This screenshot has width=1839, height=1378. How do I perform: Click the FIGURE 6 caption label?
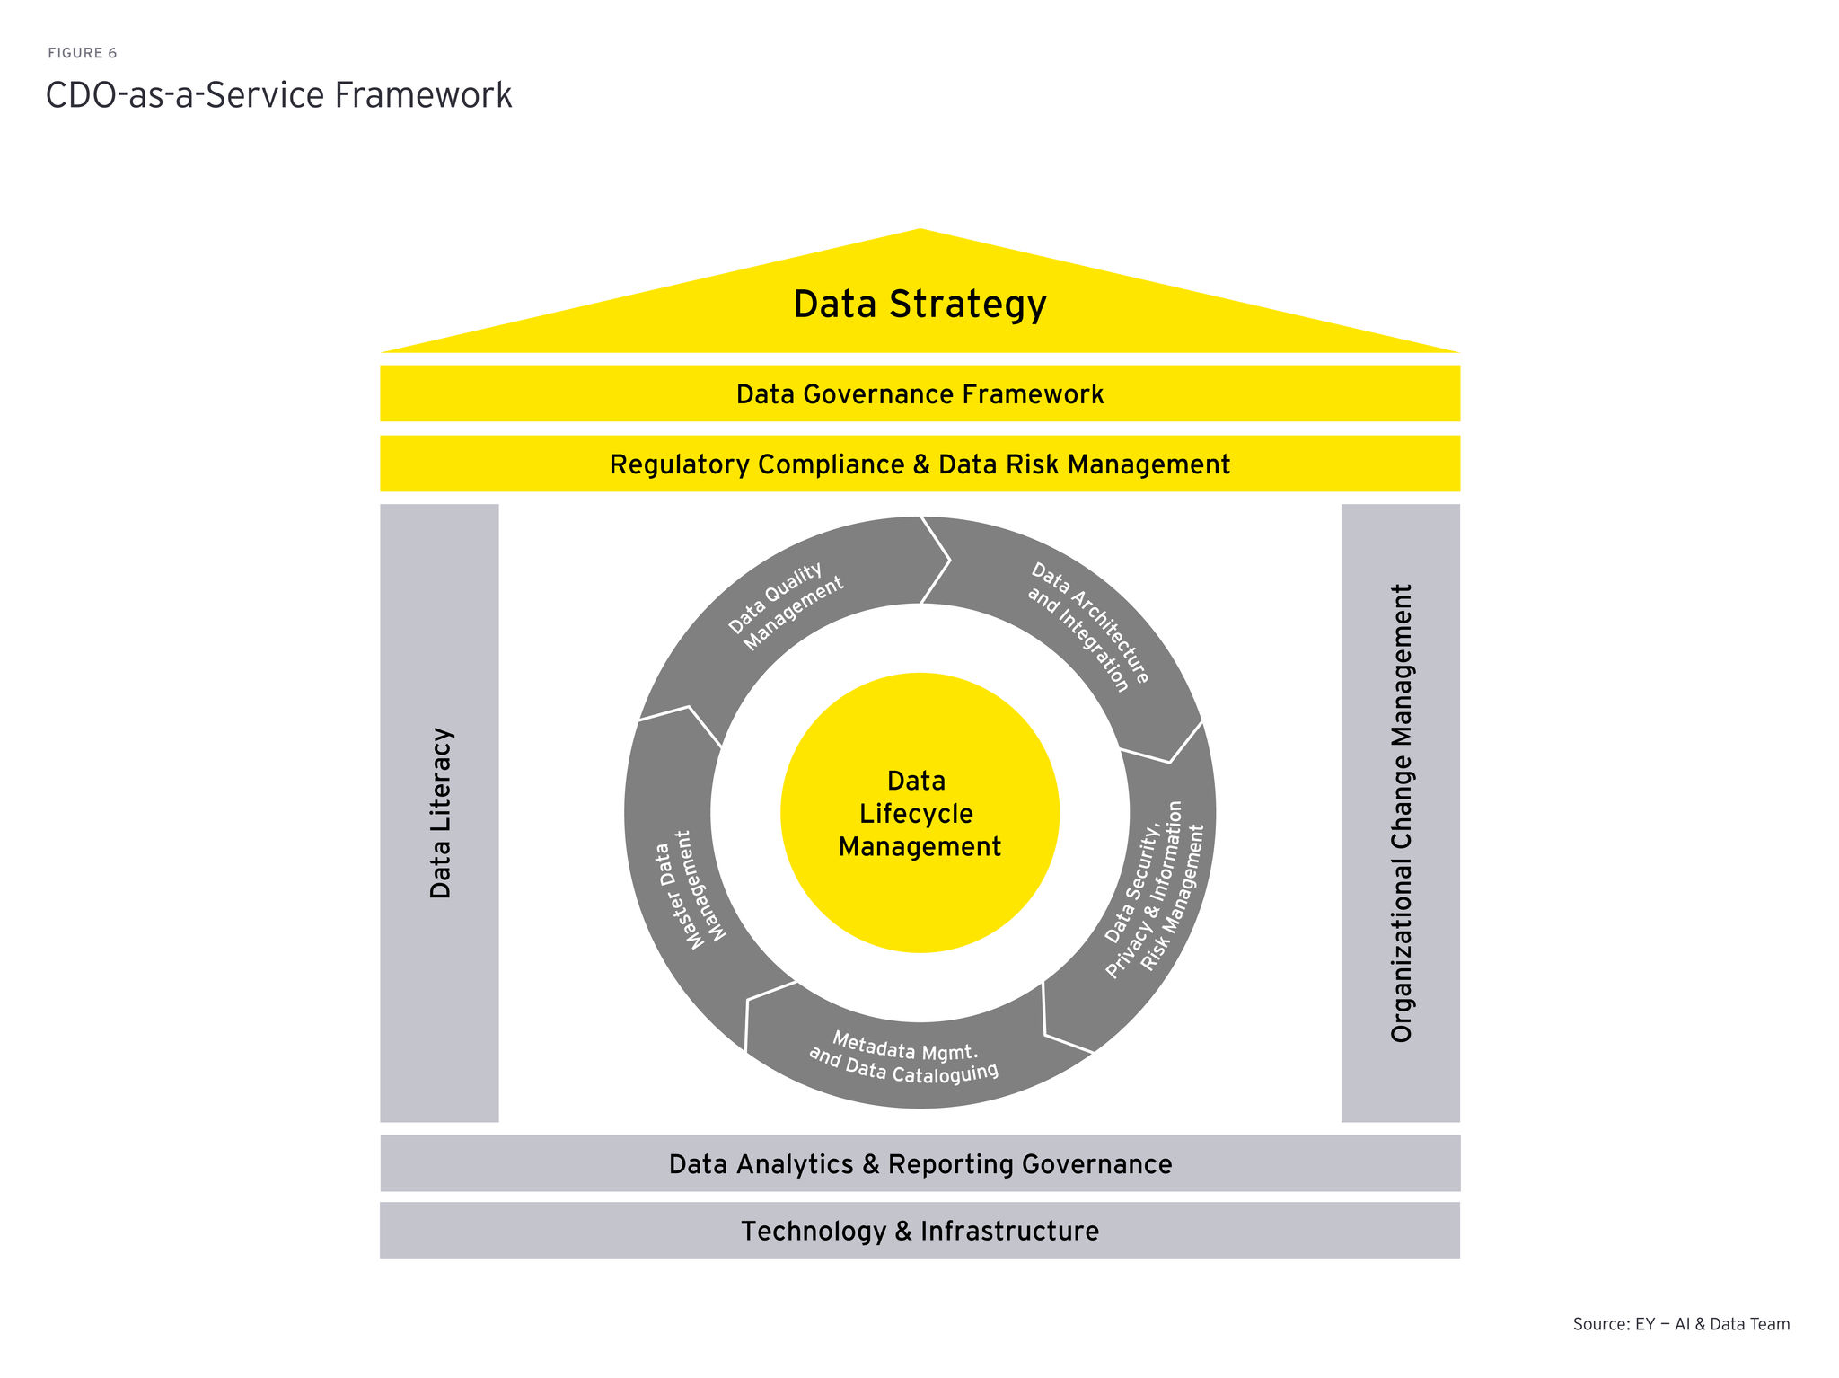pos(83,53)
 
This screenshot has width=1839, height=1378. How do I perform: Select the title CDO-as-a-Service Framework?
pos(278,95)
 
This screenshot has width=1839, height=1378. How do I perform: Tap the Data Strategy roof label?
pos(919,304)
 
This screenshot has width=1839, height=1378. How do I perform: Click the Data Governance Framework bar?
pos(919,393)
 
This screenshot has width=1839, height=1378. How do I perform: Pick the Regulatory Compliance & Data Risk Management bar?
pos(919,464)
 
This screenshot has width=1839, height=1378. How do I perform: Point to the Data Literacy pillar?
pos(439,813)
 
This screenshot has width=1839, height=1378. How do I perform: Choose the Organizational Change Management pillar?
pos(1400,813)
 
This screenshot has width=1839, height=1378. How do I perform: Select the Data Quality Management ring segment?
pos(786,606)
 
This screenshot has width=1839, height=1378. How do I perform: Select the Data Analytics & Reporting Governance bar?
pos(919,1164)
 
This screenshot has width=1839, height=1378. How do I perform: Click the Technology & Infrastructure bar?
pos(919,1231)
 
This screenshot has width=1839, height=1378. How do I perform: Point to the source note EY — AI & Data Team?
pos(1681,1324)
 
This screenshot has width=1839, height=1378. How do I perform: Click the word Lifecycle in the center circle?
pos(916,814)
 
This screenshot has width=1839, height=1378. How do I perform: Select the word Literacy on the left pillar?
pos(440,774)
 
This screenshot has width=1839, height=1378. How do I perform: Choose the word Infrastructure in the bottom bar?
pos(1009,1231)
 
